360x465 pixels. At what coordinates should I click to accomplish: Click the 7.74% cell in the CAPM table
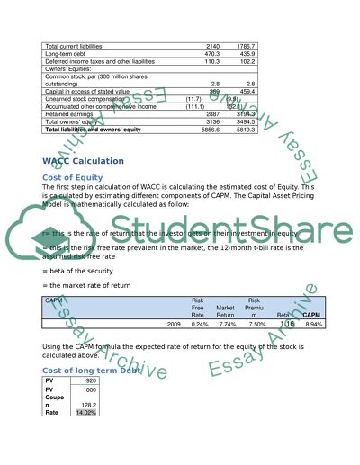(x=224, y=323)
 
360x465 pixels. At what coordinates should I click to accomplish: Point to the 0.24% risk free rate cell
(x=200, y=323)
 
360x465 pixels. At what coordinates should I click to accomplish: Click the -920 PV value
(x=89, y=380)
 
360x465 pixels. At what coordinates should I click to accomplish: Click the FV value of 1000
(x=89, y=389)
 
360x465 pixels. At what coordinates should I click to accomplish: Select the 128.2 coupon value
(x=88, y=405)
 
